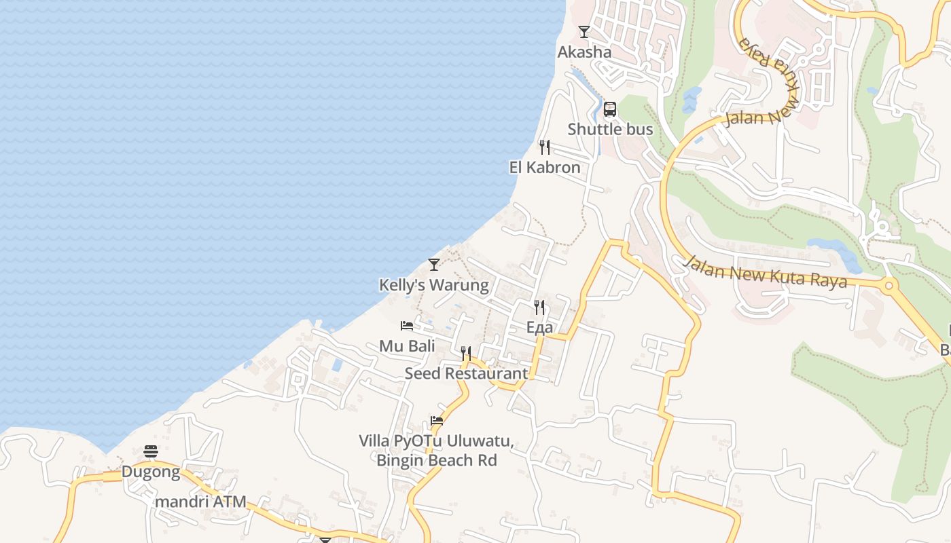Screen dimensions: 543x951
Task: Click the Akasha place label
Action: pos(584,52)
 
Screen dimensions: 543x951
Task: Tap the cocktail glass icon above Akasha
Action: pos(584,32)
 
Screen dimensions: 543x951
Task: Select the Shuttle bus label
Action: pos(610,129)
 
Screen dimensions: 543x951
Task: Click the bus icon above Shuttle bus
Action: pos(610,109)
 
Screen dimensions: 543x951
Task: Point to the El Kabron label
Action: pos(545,167)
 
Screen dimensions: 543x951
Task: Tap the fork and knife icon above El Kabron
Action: pos(545,147)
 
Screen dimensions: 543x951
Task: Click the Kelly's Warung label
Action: pos(434,284)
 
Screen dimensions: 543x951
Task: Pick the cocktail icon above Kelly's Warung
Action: pos(434,265)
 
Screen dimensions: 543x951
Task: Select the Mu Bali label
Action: pos(407,346)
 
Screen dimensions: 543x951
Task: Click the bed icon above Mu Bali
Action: pos(407,326)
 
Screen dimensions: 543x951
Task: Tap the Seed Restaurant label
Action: pos(466,373)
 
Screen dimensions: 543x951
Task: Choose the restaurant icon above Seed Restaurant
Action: pos(466,354)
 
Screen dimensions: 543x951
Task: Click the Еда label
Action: pos(539,327)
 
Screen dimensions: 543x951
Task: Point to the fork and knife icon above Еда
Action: pos(539,307)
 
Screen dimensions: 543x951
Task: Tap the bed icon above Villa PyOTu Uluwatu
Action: pos(437,421)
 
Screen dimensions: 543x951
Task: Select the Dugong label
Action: pos(151,472)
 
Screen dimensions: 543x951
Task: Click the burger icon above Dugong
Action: pos(151,451)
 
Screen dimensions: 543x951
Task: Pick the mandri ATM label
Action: pos(200,503)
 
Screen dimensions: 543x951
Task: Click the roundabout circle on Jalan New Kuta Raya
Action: pos(889,286)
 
